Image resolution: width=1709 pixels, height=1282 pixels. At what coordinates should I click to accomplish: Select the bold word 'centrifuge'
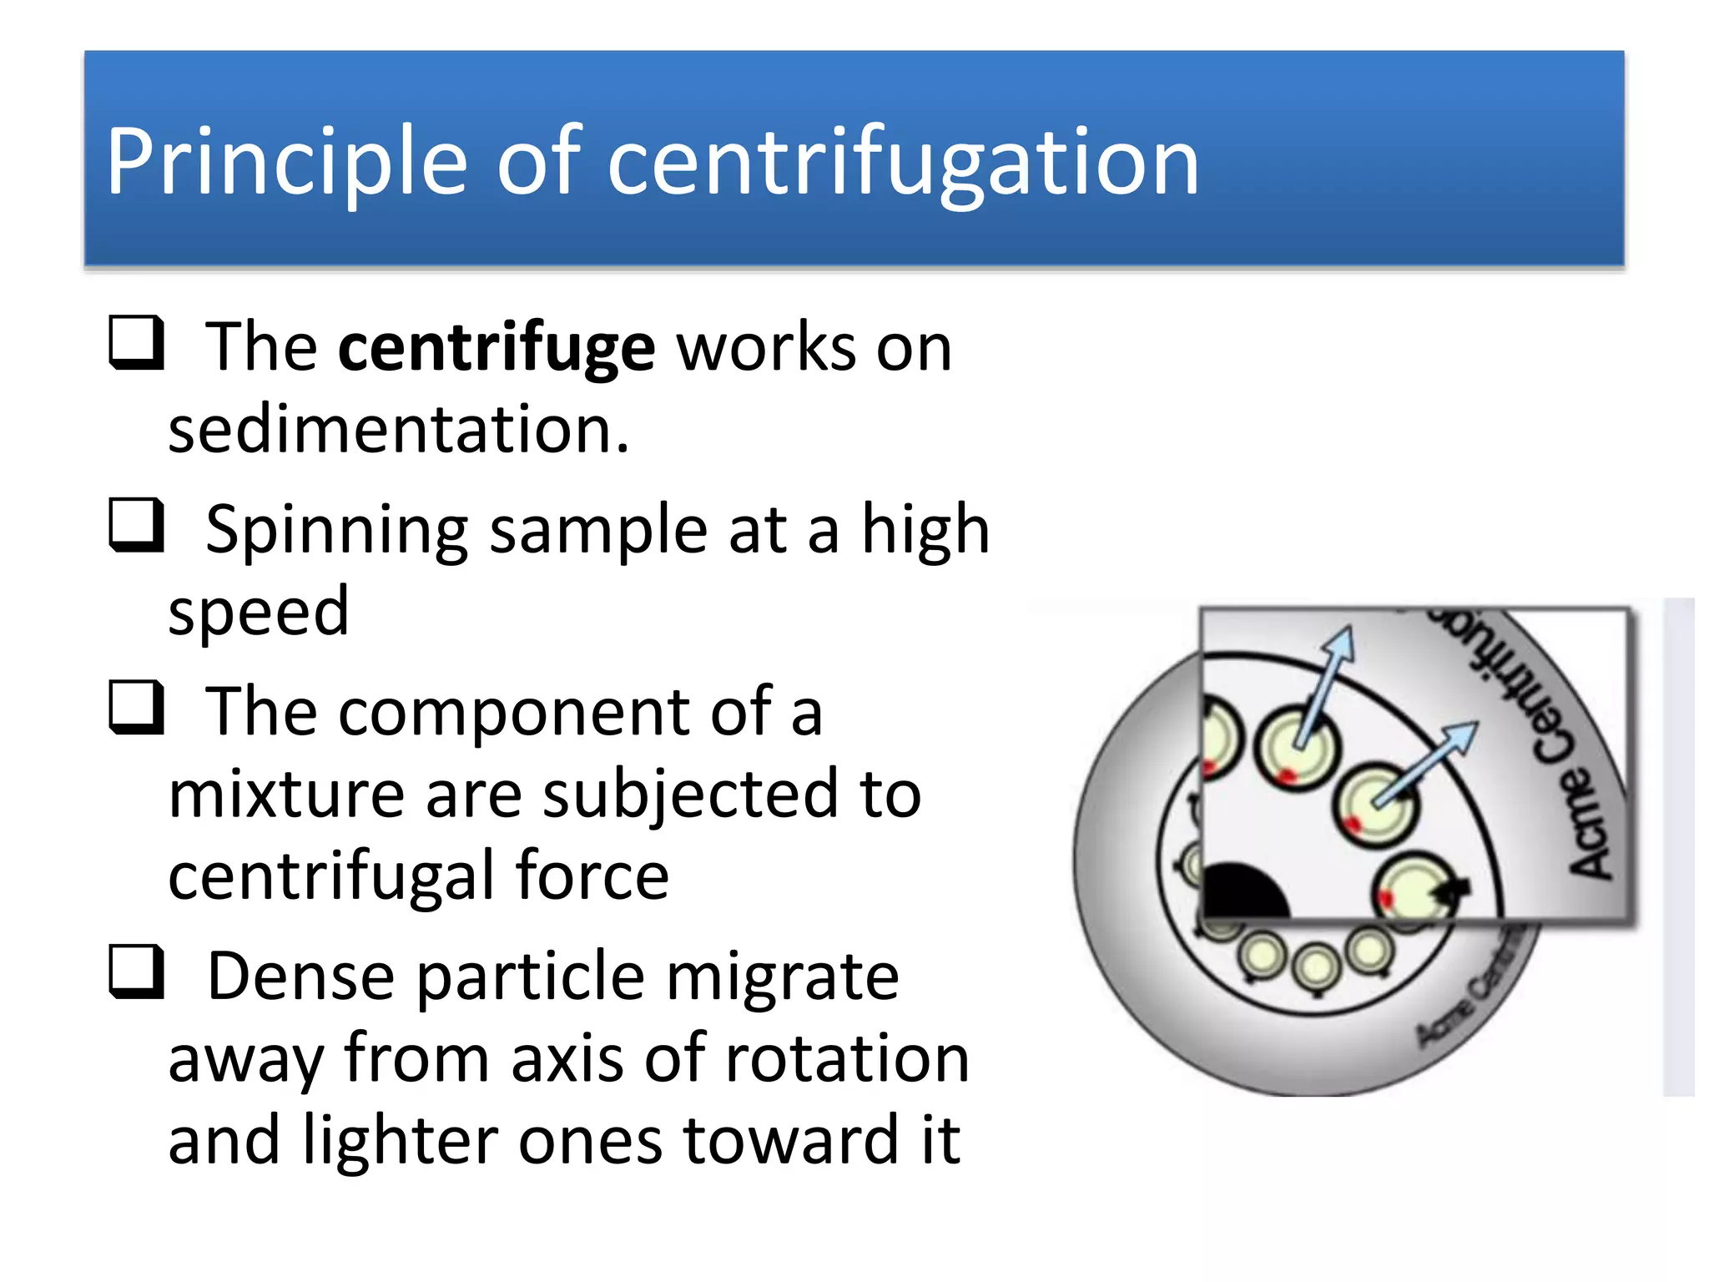coord(497,348)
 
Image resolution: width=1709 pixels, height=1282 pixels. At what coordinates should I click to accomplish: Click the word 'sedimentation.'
coord(399,429)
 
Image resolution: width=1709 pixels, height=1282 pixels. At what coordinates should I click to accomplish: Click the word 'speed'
coord(259,611)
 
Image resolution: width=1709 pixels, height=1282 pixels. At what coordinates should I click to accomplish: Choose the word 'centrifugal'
coord(331,876)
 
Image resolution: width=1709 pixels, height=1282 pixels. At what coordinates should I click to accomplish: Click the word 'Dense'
coord(300,976)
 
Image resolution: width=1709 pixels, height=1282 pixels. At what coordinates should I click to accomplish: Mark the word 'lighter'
coord(400,1140)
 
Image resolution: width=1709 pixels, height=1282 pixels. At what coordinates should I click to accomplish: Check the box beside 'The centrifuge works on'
coord(136,343)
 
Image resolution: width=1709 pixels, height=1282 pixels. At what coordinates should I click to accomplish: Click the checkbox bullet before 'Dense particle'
coord(136,972)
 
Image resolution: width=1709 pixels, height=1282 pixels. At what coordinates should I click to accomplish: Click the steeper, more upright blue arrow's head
coord(1340,645)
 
